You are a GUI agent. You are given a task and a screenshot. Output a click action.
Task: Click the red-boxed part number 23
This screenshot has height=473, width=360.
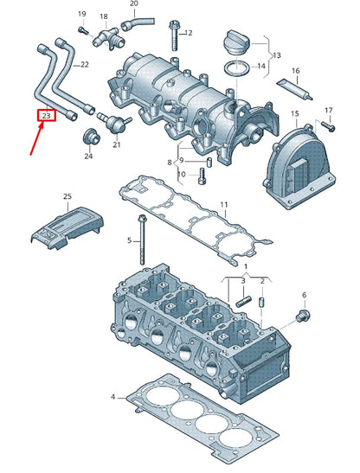(46, 115)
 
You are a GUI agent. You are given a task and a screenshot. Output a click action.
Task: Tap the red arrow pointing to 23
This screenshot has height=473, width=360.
(35, 141)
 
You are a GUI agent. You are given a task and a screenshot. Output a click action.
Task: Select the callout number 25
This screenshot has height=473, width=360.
(68, 198)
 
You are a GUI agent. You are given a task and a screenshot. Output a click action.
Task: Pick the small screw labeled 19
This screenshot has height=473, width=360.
(84, 31)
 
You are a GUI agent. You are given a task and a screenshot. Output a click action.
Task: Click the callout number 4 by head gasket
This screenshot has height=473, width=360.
(112, 396)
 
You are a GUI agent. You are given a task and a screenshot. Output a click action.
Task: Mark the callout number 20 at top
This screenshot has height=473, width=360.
(133, 4)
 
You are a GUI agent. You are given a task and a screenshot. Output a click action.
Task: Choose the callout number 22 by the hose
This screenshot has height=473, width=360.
(84, 65)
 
